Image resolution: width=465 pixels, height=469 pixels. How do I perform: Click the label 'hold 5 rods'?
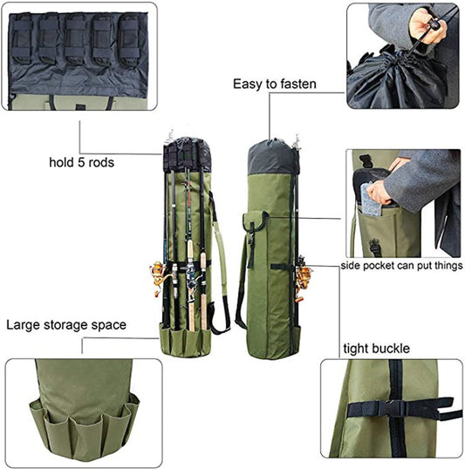82,161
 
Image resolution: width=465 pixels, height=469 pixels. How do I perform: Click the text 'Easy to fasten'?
275,85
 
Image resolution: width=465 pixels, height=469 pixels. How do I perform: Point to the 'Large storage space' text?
66,325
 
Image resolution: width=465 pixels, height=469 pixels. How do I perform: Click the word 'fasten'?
297,85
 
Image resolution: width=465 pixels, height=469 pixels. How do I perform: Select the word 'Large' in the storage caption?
24,325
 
